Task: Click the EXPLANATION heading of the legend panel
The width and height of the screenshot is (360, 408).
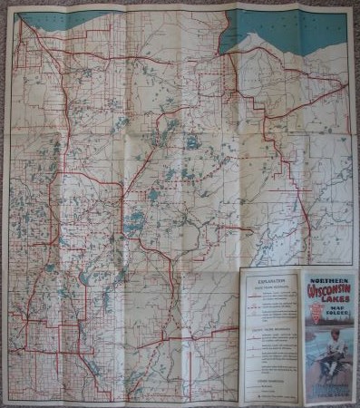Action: pyautogui.click(x=271, y=282)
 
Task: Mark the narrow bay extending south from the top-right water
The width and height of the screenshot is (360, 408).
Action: pyautogui.click(x=228, y=46)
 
